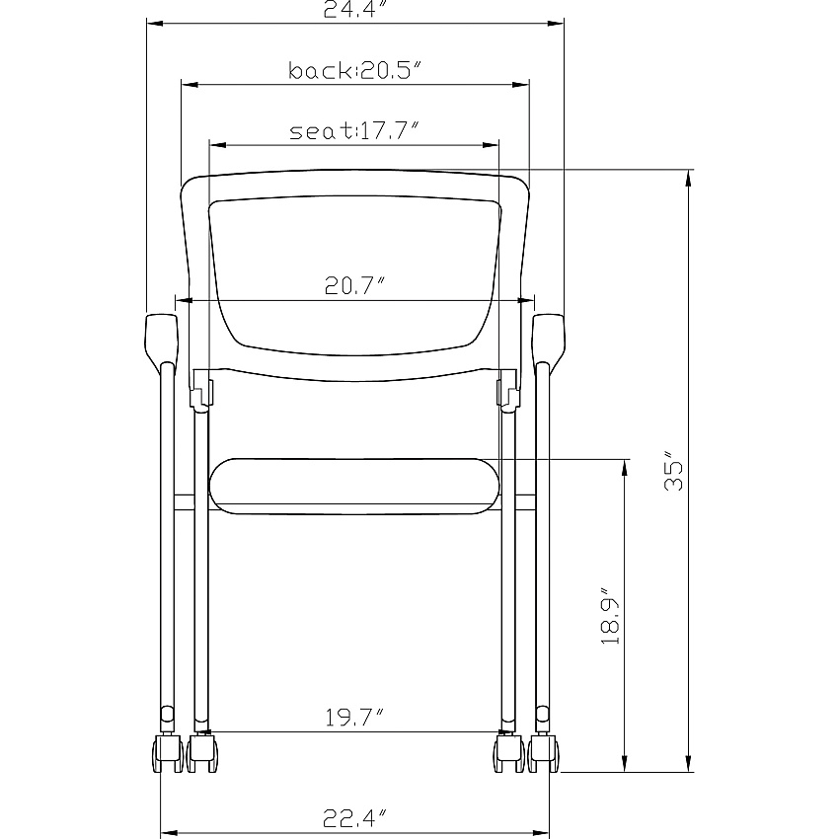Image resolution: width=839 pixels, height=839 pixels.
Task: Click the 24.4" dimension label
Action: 354,9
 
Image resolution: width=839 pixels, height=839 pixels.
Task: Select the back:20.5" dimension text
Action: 354,71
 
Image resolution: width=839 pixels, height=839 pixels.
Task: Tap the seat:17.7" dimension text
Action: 353,131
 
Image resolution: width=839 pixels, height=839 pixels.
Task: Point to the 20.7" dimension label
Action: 354,285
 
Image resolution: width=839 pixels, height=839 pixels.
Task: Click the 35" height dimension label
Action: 673,470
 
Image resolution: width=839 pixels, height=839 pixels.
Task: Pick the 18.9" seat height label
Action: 610,616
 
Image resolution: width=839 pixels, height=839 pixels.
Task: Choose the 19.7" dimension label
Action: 354,718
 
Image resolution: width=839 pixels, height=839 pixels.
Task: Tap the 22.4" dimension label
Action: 354,818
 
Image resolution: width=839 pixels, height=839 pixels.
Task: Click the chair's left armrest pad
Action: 161,339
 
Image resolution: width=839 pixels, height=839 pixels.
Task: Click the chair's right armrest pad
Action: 549,339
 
